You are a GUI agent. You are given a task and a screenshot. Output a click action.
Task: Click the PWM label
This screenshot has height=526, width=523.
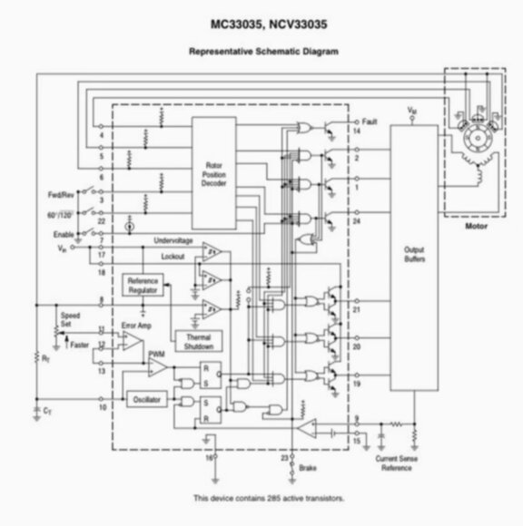(156, 354)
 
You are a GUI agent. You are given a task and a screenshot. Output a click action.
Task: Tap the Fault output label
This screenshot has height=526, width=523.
(369, 122)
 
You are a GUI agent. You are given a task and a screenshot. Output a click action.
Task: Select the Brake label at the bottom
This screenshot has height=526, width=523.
(310, 468)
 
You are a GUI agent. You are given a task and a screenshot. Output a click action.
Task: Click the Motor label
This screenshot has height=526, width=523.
(476, 227)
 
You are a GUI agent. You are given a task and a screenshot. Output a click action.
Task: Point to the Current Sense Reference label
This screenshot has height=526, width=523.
(396, 464)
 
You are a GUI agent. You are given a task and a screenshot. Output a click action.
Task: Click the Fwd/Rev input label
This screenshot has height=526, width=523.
(61, 195)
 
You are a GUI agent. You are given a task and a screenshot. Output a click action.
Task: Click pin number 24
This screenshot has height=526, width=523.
(357, 220)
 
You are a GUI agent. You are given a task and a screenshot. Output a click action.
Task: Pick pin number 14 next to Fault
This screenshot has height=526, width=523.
(357, 131)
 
